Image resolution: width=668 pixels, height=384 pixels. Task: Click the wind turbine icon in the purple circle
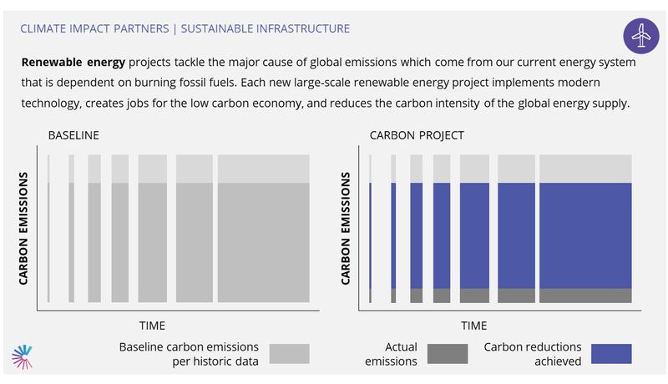640,36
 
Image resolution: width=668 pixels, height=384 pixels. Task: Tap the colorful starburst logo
23,356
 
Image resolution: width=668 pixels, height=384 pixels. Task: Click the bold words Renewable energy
73,62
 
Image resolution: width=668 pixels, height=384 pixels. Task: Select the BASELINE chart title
73,135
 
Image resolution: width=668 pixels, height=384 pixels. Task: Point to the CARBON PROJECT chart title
417,135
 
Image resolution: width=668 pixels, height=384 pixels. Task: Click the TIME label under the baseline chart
152,326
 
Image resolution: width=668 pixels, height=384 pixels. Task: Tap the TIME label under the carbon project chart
473,326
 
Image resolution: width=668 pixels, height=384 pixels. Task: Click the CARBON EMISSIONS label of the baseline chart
23,228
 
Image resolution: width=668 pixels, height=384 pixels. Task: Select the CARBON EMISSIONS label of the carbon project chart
346,228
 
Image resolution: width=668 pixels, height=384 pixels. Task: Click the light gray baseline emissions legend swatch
289,354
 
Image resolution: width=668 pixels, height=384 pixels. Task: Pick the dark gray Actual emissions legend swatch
448,354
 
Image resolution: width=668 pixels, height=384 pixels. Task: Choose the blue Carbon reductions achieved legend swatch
611,354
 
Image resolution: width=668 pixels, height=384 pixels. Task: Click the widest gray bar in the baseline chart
264,229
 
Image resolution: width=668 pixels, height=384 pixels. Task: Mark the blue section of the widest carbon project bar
586,236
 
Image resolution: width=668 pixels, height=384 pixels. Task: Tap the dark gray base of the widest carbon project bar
586,296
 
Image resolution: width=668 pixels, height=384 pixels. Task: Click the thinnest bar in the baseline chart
48,229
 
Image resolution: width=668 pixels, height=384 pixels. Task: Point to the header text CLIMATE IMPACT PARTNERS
94,28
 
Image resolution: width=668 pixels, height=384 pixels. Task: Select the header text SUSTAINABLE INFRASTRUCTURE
266,28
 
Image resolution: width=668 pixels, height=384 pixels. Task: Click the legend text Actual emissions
391,354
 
